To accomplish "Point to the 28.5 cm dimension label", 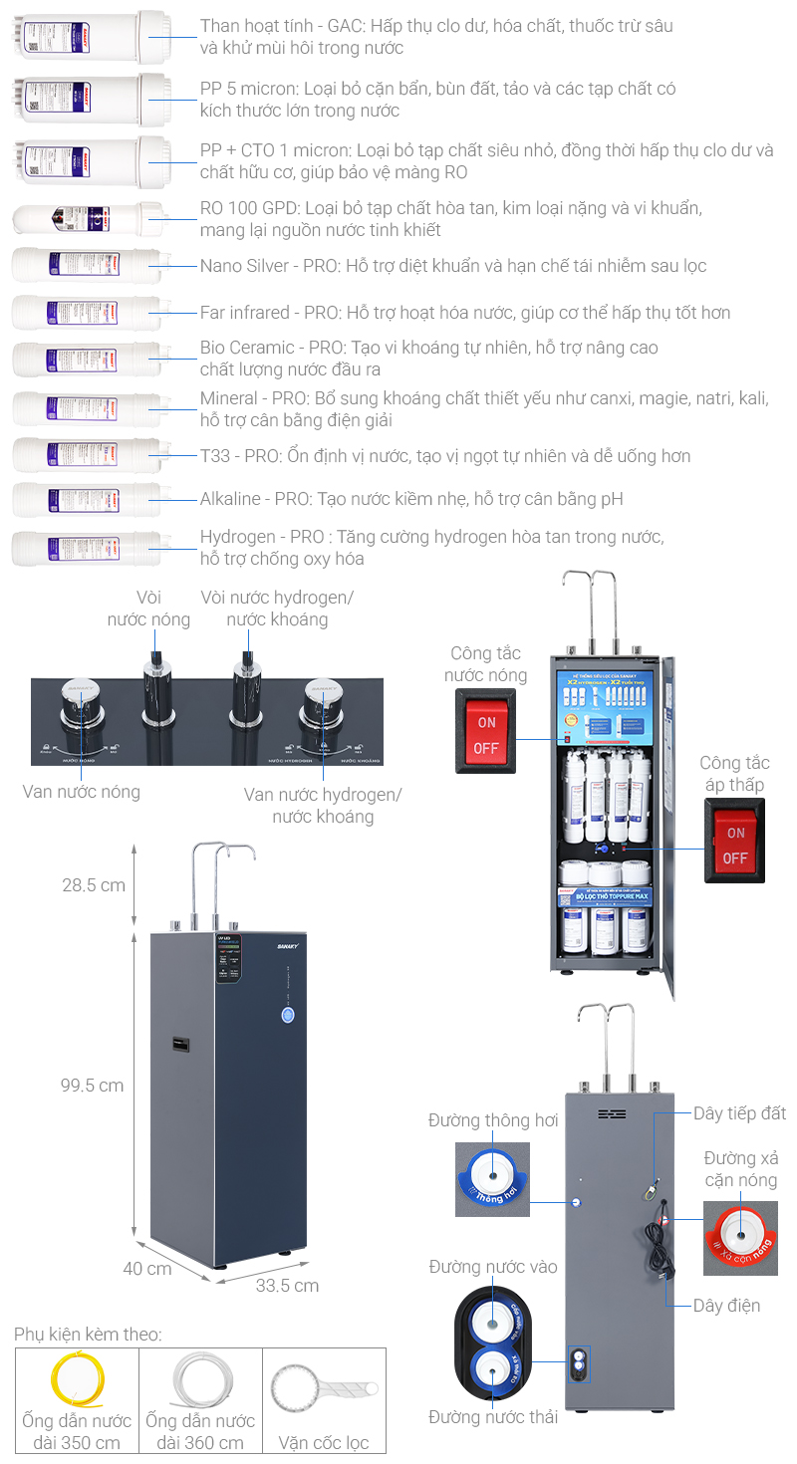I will coord(93,885).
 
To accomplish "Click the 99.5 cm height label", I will coord(93,1085).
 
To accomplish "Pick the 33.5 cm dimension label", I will coord(287,1286).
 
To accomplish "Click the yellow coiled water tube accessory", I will coord(77,1378).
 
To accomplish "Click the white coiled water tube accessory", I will coord(199,1380).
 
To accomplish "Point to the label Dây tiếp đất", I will coord(740,1112).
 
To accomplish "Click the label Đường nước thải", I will coord(493,1416).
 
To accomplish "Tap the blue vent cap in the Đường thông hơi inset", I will coord(492,1178).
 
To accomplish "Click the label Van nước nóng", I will coord(82,792).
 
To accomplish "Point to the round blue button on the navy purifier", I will coord(288,1015).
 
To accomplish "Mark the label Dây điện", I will coord(726,1305).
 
